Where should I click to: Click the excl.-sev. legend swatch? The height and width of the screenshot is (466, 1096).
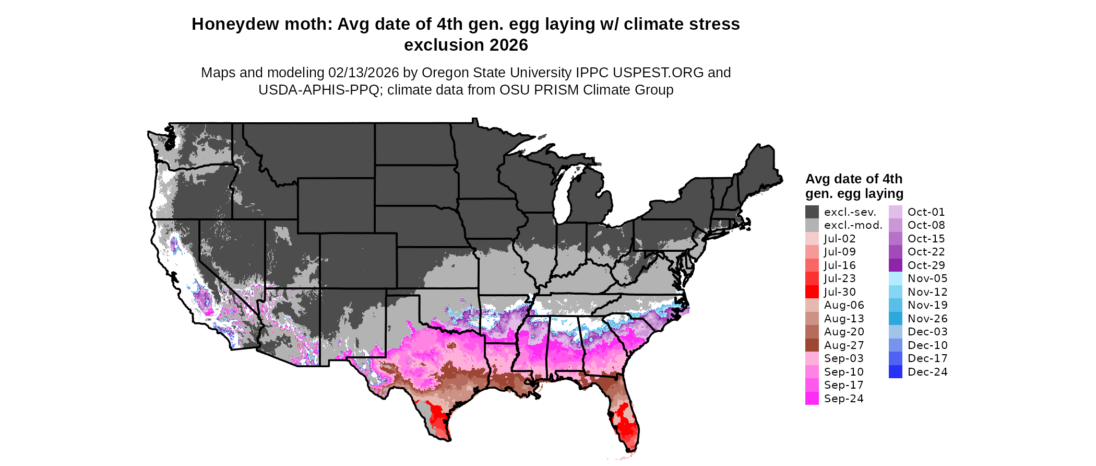812,212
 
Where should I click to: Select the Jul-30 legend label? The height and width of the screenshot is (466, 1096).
840,292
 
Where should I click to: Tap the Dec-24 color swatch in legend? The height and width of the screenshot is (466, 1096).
895,372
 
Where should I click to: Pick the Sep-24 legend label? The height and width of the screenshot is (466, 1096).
843,399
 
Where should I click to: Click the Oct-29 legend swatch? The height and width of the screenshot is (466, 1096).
895,265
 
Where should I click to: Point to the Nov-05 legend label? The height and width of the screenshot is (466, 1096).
927,278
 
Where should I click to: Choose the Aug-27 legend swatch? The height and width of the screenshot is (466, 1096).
812,345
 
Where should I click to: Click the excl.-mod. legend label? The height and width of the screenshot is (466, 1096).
853,225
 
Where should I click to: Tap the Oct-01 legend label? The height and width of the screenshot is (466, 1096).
926,212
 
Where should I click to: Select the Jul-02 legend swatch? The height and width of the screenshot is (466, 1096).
812,239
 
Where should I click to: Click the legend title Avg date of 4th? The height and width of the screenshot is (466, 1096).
853,179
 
